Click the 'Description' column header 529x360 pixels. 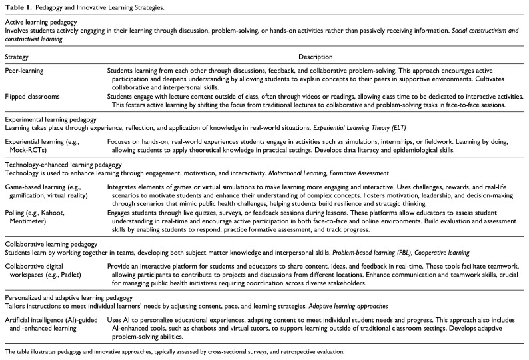point(315,57)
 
